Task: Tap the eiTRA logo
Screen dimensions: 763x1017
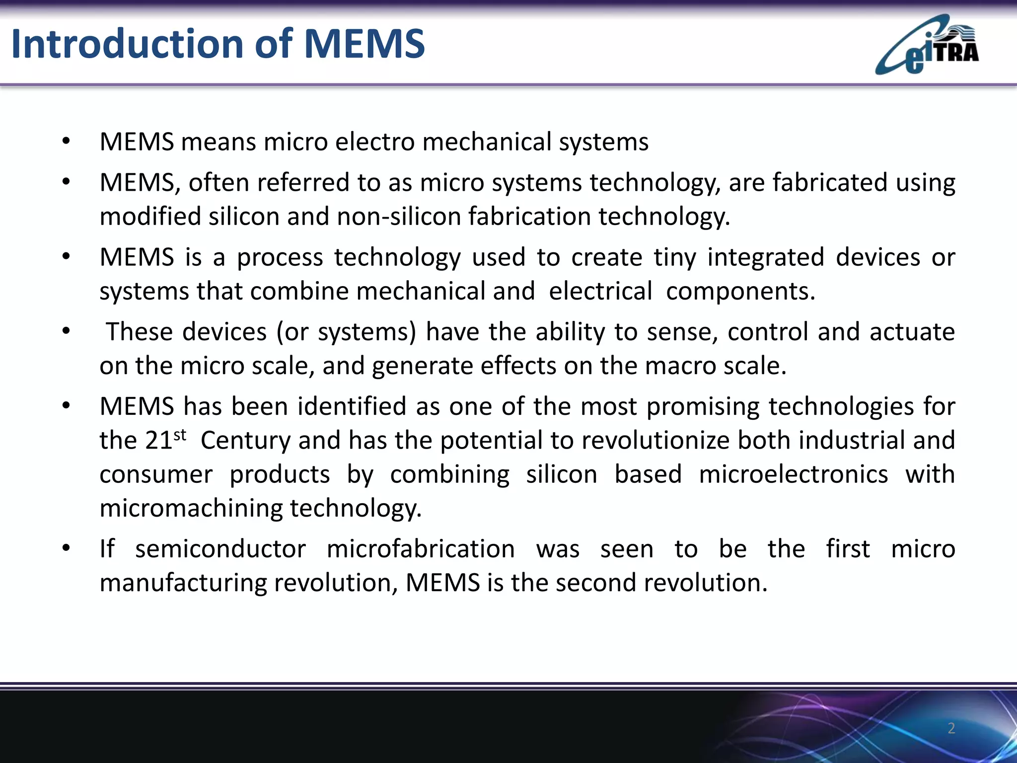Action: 927,46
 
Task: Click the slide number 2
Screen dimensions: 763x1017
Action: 951,728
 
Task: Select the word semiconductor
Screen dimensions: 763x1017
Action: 220,549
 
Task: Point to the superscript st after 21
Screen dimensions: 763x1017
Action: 180,435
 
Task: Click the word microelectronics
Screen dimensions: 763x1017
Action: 793,474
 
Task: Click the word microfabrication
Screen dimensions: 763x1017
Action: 421,549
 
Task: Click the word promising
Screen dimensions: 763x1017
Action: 703,406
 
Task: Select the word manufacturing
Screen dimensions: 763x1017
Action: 183,583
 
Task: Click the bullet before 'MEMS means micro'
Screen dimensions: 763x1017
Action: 66,142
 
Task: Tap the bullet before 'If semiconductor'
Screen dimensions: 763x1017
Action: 66,549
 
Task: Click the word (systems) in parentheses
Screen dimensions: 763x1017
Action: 366,332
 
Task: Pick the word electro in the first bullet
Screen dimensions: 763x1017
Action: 375,142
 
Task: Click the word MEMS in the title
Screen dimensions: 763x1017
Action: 364,44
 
